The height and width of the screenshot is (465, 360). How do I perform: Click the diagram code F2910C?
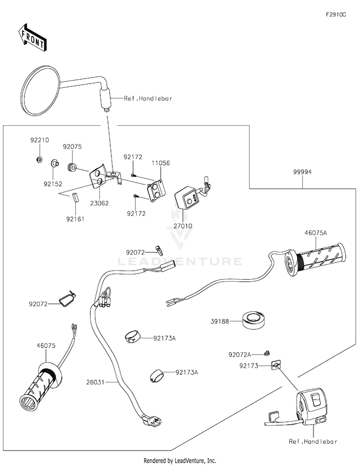[336, 15]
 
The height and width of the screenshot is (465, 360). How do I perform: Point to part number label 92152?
[53, 183]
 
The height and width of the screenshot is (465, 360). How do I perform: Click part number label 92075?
[72, 147]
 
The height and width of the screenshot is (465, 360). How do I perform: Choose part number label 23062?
[98, 203]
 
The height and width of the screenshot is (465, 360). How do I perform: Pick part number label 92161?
[75, 219]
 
